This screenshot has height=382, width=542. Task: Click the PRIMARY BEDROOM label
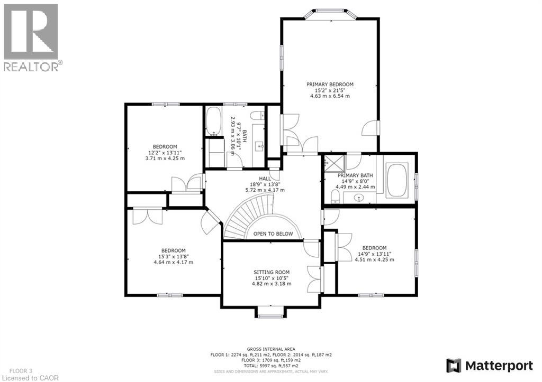(330, 84)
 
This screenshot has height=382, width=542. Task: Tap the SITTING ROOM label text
(271, 272)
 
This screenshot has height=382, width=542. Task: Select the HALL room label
(265, 178)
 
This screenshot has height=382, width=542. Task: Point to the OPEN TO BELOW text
(273, 234)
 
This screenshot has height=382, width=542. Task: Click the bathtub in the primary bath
(396, 180)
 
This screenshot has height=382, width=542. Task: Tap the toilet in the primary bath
(335, 197)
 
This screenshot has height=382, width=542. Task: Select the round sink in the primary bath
(359, 198)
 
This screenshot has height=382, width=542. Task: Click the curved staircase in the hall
(249, 217)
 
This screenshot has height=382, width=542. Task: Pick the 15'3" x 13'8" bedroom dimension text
(173, 256)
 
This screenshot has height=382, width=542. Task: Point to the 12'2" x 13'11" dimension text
(165, 152)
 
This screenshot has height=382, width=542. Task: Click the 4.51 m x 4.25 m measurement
(374, 259)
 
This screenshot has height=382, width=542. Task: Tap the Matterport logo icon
(454, 365)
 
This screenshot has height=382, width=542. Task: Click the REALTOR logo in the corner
(31, 32)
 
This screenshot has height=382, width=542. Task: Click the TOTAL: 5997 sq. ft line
(271, 366)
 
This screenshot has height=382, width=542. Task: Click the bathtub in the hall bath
(213, 121)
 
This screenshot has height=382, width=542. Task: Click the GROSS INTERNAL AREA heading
(271, 349)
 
